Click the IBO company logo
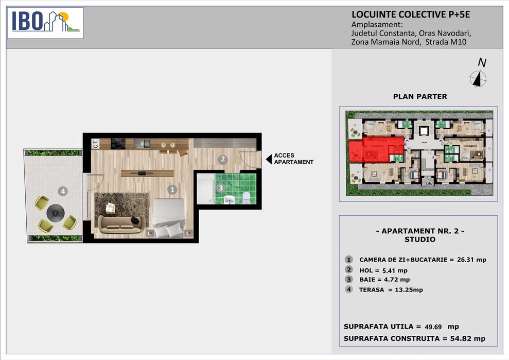[x=45, y=23]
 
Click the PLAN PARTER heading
[x=420, y=96]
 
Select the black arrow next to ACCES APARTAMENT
[x=269, y=159]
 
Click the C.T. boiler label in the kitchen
[x=95, y=144]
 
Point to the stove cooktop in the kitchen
[x=118, y=144]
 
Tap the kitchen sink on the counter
[x=142, y=143]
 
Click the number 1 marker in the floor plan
[x=172, y=190]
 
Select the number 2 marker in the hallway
[x=222, y=159]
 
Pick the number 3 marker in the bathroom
[x=221, y=188]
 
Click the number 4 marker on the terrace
[x=63, y=191]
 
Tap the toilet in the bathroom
[x=247, y=198]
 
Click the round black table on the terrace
[x=56, y=213]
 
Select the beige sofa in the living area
[x=120, y=224]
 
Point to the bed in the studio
[x=169, y=218]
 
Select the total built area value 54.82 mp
[x=467, y=338]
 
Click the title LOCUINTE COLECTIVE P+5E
[x=411, y=14]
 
